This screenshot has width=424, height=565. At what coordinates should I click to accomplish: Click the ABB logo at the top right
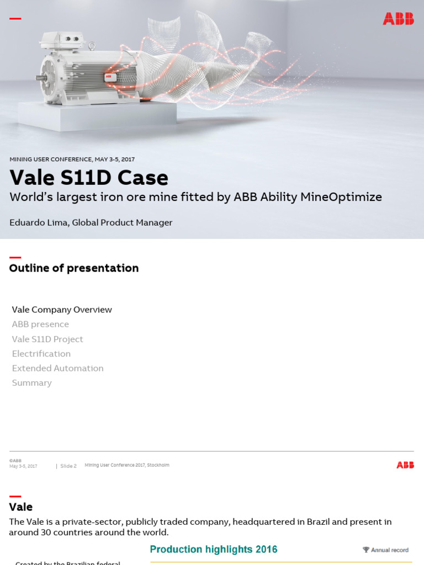[398, 19]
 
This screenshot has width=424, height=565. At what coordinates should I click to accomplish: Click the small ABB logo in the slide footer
[405, 465]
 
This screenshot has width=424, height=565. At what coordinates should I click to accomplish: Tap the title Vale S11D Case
[89, 178]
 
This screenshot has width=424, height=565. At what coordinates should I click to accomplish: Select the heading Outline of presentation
[74, 268]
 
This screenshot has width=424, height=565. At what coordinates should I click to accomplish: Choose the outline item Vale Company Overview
[62, 310]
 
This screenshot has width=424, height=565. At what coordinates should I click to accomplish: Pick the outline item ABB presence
[40, 324]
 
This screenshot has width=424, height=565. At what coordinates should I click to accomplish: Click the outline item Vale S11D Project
[47, 339]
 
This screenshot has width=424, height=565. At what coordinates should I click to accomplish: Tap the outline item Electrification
[41, 354]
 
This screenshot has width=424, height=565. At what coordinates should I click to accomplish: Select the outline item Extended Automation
[57, 368]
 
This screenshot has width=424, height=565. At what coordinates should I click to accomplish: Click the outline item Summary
[32, 383]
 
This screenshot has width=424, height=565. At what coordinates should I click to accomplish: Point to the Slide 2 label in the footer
[68, 466]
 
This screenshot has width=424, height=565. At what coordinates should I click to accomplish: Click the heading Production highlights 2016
[214, 550]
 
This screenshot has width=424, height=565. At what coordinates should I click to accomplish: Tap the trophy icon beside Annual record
[365, 550]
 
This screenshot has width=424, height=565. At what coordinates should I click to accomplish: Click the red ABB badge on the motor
[109, 77]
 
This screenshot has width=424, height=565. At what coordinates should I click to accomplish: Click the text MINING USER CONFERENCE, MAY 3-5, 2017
[72, 159]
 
